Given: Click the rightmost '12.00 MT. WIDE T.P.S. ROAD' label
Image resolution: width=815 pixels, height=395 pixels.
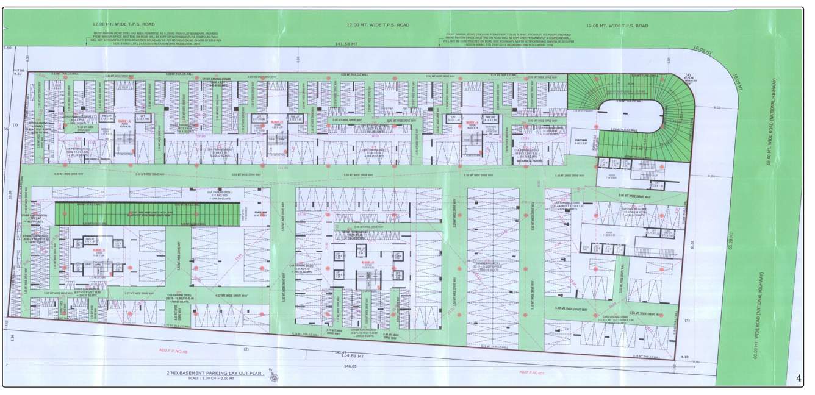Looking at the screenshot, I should coord(616,26).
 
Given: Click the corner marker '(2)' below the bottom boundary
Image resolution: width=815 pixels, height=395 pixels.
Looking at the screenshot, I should coord(246,349).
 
